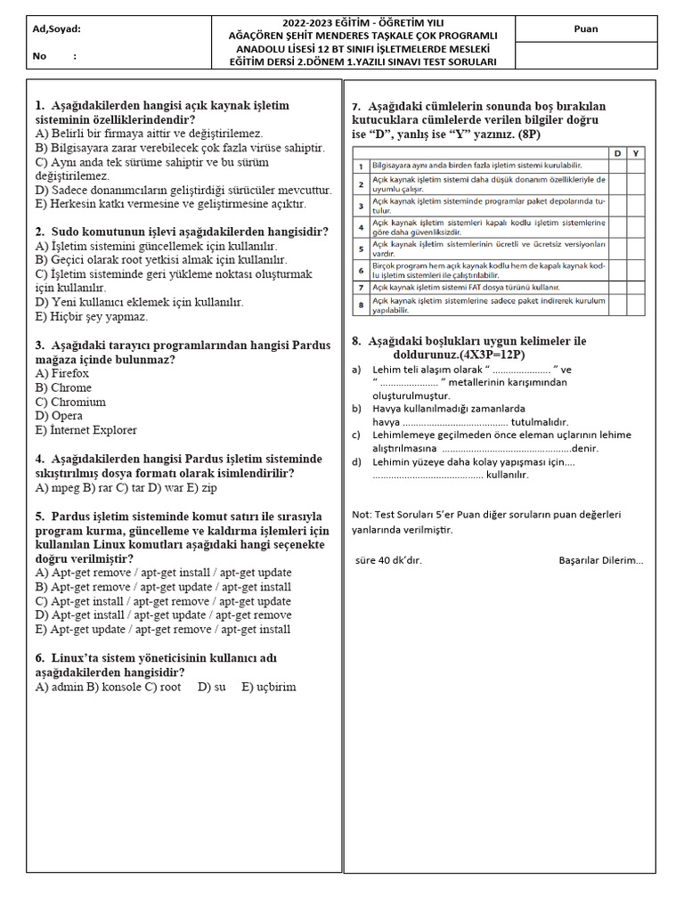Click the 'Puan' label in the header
click(586, 28)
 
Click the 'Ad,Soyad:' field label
click(57, 28)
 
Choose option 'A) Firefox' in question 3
click(62, 373)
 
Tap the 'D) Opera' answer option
click(61, 416)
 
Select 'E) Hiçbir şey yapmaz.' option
click(92, 316)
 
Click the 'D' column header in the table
click(617, 153)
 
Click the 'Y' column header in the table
click(635, 153)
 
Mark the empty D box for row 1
click(617, 166)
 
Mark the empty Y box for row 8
click(635, 305)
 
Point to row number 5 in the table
click(360, 248)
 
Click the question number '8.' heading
click(356, 341)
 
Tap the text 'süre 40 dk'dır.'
click(388, 560)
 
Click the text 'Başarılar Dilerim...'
click(600, 560)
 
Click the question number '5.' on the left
click(40, 516)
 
